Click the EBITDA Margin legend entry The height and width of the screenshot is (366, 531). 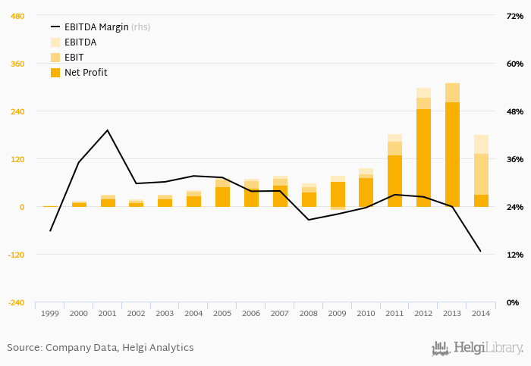pos(96,27)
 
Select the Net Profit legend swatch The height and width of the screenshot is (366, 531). pos(55,73)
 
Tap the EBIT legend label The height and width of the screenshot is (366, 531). pos(75,58)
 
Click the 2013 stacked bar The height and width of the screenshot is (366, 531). pos(452,145)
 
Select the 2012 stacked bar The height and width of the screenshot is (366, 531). pos(423,148)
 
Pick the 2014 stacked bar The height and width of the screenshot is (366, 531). pos(481,170)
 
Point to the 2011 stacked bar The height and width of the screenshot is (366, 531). pos(394,170)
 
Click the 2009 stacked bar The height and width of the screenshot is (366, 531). pos(338,192)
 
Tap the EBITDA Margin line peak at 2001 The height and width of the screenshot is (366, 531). pos(108,130)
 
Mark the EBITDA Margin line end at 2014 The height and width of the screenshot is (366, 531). pos(480,251)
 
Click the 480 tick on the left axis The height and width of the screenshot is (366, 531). pos(17,16)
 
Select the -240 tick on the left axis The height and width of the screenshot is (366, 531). pos(15,302)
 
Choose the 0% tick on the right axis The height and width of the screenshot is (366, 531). pos(513,302)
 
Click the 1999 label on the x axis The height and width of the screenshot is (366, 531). pos(50,313)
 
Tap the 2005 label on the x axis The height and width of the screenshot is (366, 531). pos(222,313)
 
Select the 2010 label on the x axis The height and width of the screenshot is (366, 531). pos(366,313)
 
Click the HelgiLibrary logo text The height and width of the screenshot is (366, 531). pos(488,348)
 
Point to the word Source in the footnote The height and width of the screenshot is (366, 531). pos(24,348)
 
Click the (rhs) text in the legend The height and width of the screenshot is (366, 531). pos(141,27)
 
